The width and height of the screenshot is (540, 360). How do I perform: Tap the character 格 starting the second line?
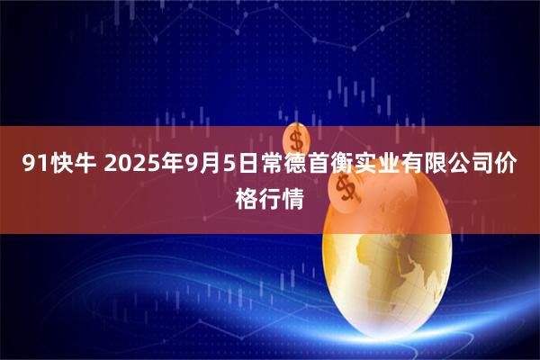tap(247, 195)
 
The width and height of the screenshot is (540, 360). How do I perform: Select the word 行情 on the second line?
tap(282, 195)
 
